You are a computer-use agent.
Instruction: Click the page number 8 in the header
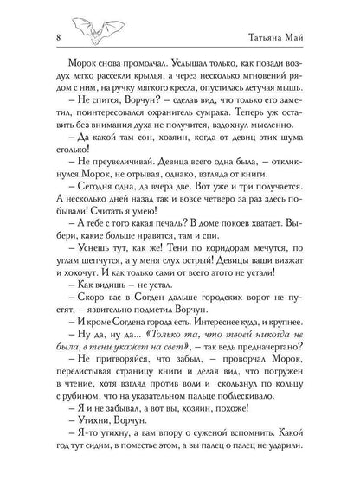tap(34, 35)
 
